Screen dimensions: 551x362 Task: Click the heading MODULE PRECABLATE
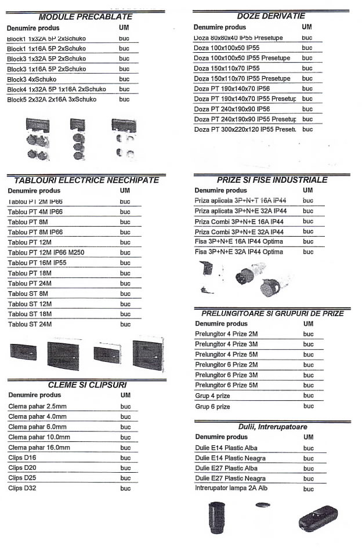click(x=85, y=17)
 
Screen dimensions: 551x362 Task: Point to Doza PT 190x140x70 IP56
click(x=231, y=89)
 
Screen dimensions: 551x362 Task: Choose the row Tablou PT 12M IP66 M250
click(x=45, y=253)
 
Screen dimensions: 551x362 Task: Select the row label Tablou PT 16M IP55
click(x=37, y=263)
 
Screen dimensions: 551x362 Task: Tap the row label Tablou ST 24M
click(x=30, y=324)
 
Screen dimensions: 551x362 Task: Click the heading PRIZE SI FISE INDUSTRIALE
click(x=272, y=180)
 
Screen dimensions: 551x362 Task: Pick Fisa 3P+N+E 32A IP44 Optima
click(x=239, y=252)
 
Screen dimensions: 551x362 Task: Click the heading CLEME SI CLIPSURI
click(x=87, y=385)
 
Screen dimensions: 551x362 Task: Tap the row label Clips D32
click(x=22, y=488)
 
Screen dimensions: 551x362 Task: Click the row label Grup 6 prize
click(x=213, y=407)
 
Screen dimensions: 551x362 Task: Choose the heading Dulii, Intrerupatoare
click(x=273, y=427)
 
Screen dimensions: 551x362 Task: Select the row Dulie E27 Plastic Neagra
click(x=230, y=478)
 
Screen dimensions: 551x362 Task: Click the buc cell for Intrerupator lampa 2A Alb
click(x=308, y=489)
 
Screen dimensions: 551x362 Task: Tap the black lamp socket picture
click(x=216, y=517)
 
